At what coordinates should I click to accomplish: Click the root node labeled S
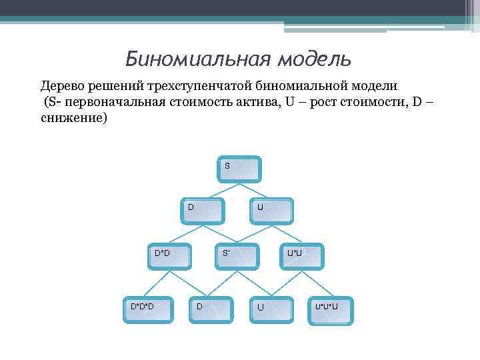(x=240, y=169)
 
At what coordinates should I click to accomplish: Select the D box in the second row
(x=203, y=209)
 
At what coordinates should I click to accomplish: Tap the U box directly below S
(x=271, y=209)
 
